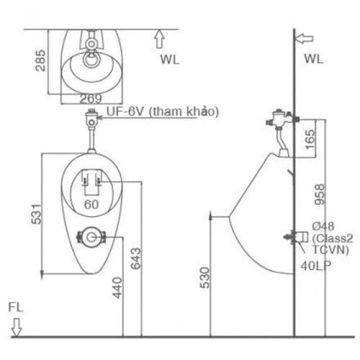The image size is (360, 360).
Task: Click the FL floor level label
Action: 17,307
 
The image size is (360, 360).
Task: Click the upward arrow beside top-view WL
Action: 160,37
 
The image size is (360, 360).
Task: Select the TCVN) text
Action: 330,249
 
